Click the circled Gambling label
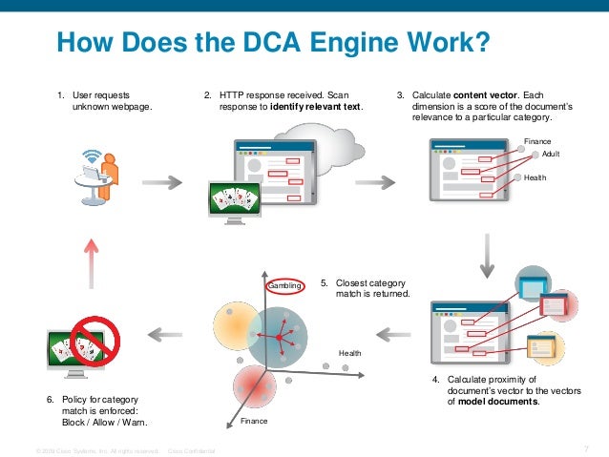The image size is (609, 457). pos(285,285)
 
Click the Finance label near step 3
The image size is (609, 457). pos(538,140)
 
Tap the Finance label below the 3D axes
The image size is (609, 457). pos(254,421)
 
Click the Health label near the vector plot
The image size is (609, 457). pos(350,354)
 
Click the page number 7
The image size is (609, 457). pos(584,449)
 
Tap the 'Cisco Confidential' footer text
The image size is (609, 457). pos(191,450)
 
